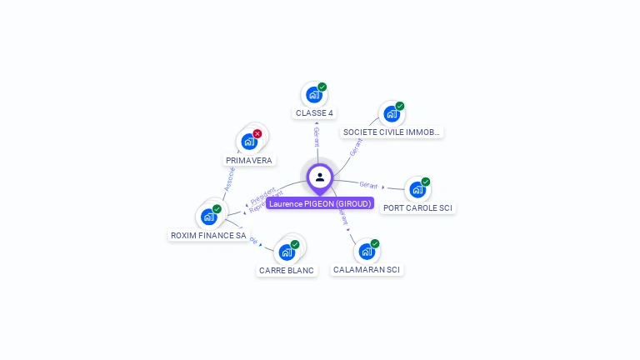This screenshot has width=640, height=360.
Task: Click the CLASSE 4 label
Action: coord(314,112)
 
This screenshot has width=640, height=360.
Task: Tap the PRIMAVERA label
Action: coord(249,160)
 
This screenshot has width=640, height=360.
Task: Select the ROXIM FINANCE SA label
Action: coord(208,235)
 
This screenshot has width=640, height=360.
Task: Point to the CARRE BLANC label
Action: coord(287,270)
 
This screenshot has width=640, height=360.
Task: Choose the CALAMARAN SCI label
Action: coord(367,269)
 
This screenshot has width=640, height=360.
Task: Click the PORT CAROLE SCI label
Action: coord(417,207)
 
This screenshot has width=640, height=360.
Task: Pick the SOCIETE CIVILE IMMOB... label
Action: coord(392,132)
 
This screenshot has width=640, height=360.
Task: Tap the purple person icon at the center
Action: coord(320,177)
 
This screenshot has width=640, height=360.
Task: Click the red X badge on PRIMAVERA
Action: coord(257,133)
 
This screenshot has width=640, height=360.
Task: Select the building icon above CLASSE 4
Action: coord(313,94)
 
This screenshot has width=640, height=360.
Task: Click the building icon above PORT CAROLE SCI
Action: coord(417,189)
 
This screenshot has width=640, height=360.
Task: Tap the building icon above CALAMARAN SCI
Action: coord(366,251)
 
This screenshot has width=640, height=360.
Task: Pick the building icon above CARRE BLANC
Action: coord(286,252)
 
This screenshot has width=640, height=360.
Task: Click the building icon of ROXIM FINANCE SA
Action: coord(208,217)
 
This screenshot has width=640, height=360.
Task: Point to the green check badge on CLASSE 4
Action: coord(322,87)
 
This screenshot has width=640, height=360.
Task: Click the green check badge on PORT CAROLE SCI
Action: coord(426,182)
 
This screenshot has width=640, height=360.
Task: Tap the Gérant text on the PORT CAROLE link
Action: coord(368,184)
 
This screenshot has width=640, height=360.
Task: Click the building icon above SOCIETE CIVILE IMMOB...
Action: coord(391,113)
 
